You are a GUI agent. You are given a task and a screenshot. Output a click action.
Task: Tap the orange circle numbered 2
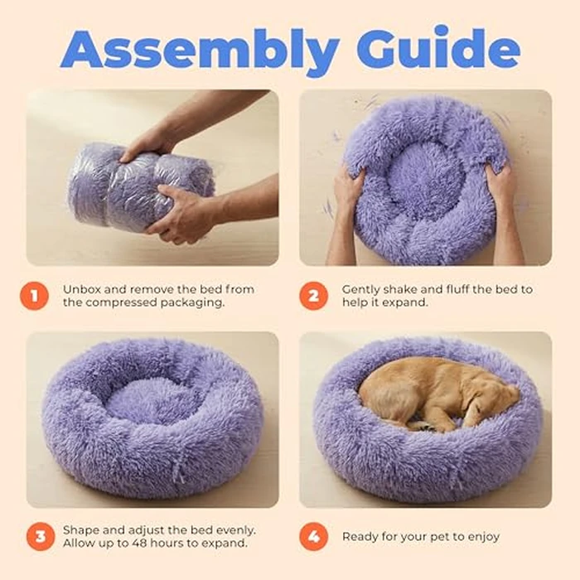(x=313, y=296)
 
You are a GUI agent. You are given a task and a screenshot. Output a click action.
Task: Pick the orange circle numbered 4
(x=313, y=536)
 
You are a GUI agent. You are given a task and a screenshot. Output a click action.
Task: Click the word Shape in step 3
(x=81, y=529)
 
